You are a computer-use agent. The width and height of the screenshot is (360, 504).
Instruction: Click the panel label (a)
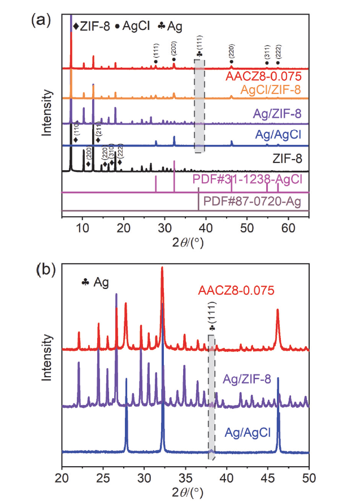41,21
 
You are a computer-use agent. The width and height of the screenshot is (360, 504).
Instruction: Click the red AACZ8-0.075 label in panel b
236,291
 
